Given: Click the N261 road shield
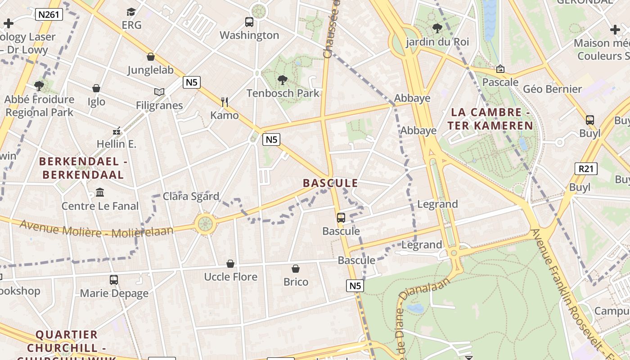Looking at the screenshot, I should tap(49, 14).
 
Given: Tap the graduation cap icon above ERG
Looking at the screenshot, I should tap(131, 12).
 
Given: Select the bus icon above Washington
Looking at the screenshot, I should tap(249, 22).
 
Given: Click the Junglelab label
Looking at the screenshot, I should tap(150, 70).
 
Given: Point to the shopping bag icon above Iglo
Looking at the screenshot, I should tap(96, 88).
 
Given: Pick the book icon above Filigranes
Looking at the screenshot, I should tap(159, 92).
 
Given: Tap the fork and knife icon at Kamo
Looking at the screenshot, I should tap(225, 102).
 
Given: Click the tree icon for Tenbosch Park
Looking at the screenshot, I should tap(283, 80).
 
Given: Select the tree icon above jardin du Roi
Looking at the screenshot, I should tap(436, 29).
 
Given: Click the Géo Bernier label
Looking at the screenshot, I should tap(552, 89).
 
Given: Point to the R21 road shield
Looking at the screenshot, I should tap(585, 169).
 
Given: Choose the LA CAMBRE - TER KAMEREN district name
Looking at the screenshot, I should tap(490, 119).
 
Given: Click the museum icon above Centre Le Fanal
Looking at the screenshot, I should tap(100, 193).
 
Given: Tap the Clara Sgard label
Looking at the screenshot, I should tap(191, 196).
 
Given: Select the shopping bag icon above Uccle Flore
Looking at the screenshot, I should tap(230, 263).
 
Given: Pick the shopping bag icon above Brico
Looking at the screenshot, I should tap(296, 269).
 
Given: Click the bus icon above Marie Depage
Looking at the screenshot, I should tap(114, 280).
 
